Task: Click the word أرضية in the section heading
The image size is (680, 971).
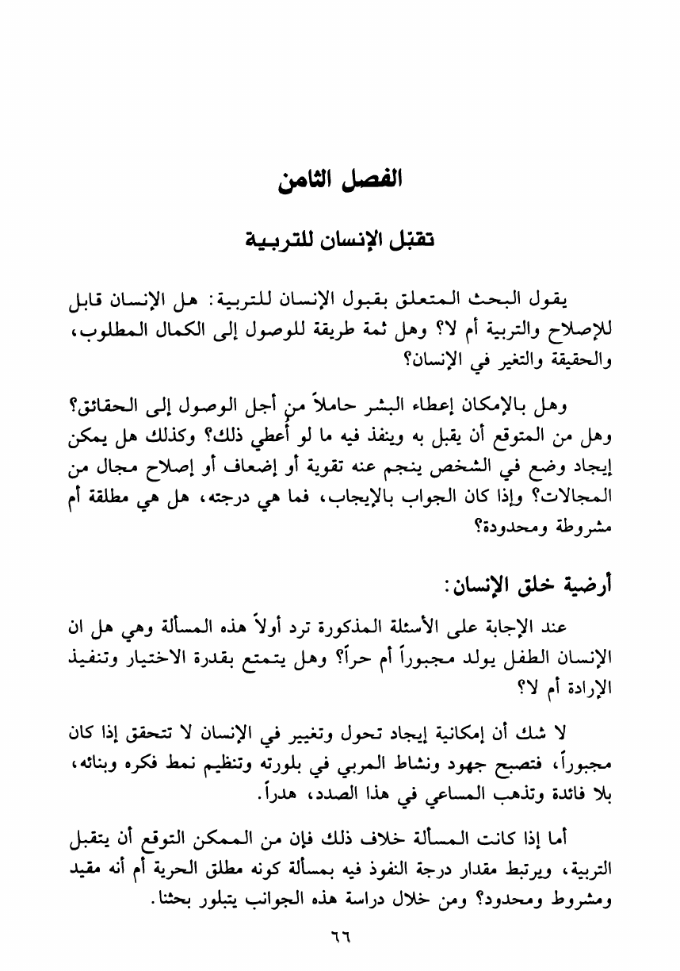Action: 583,588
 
